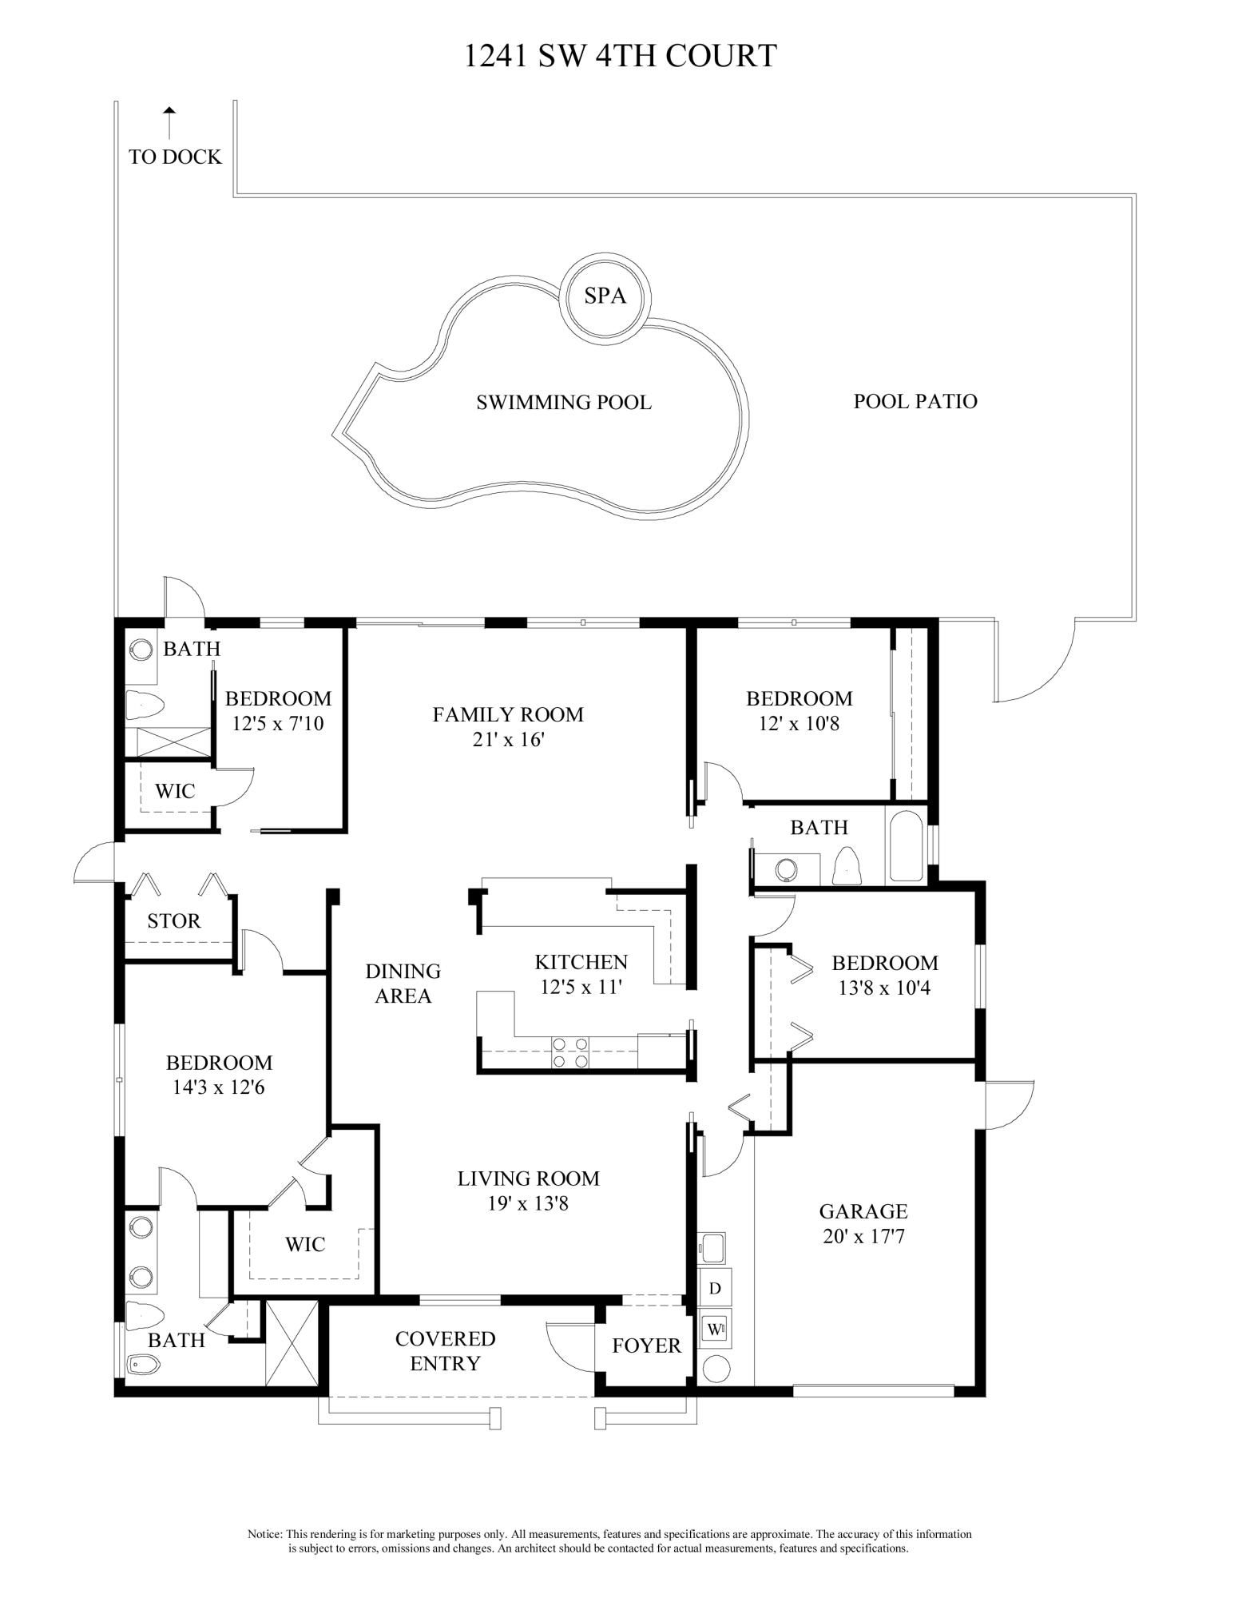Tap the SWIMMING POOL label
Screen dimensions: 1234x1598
point(564,402)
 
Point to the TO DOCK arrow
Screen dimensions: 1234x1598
point(169,123)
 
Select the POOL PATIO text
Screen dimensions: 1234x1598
point(915,401)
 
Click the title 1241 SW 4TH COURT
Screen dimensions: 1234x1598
point(621,56)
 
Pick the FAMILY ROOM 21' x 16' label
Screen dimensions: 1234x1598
point(508,726)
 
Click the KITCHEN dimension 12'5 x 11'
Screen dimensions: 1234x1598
point(581,987)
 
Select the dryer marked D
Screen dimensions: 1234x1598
point(715,1288)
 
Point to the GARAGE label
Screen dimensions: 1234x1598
point(863,1212)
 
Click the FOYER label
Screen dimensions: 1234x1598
point(647,1346)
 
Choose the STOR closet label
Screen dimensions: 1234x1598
point(174,921)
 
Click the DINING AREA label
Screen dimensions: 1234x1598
point(403,984)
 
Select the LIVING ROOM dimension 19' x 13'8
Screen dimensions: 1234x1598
point(528,1202)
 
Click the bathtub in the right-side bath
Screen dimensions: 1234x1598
point(905,847)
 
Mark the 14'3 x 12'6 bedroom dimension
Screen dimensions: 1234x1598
point(219,1087)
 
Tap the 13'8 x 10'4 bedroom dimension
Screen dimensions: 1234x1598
point(884,988)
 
